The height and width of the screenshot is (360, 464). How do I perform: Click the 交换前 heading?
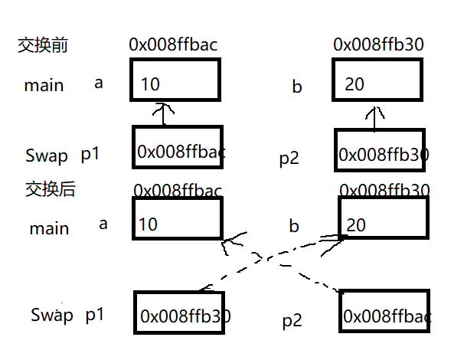pyautogui.click(x=43, y=45)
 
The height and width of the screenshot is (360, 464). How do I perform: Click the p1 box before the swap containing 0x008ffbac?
pyautogui.click(x=178, y=152)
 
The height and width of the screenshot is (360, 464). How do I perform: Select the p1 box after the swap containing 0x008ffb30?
pyautogui.click(x=180, y=314)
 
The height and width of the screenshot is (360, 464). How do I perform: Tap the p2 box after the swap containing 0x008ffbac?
pyautogui.click(x=385, y=314)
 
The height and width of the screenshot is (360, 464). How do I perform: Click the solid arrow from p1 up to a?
pyautogui.click(x=162, y=115)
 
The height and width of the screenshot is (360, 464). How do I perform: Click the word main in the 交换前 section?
pyautogui.click(x=44, y=86)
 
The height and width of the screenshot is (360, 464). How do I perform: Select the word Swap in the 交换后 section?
pyautogui.click(x=52, y=315)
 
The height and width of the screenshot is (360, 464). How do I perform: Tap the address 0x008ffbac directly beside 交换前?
pyautogui.click(x=173, y=45)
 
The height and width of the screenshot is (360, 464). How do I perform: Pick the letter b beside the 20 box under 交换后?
pyautogui.click(x=293, y=227)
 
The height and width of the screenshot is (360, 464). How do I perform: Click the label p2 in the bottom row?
pyautogui.click(x=292, y=321)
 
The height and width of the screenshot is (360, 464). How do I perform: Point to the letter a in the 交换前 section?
pyautogui.click(x=98, y=83)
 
